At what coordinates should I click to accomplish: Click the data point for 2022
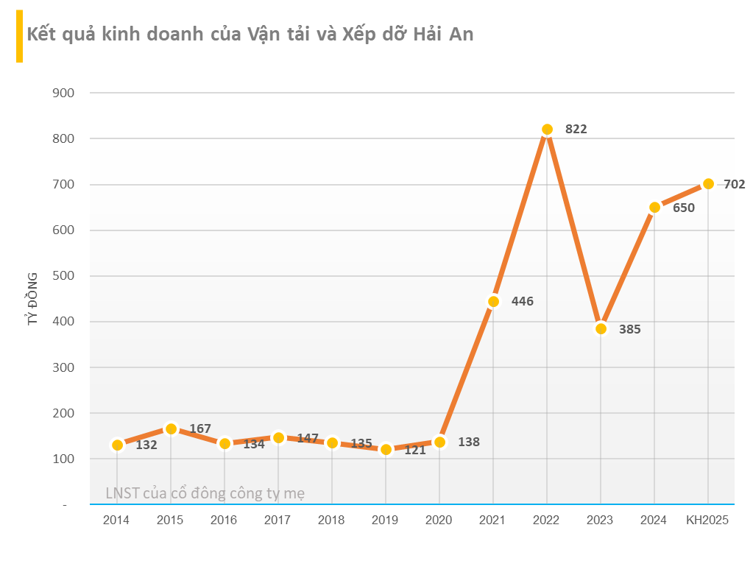point(547,130)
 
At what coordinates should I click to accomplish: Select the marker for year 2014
point(117,445)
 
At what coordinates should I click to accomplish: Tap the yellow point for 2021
point(493,301)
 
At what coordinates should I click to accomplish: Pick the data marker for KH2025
point(708,184)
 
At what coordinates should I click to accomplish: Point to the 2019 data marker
point(386,449)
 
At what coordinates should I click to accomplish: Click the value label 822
point(576,130)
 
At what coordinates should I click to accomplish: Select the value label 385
point(629,330)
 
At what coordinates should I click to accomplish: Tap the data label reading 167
point(200,429)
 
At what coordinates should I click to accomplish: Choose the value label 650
point(683,208)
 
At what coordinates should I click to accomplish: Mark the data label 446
point(522,301)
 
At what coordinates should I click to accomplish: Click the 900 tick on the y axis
point(64,93)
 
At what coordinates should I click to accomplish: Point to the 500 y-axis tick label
point(64,276)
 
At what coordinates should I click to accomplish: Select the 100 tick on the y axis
point(64,459)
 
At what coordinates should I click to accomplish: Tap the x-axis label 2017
point(277,521)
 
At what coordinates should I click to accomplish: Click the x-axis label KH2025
point(707,521)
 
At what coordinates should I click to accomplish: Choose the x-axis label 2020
point(439,521)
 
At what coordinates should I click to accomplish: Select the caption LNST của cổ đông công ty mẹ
point(205,493)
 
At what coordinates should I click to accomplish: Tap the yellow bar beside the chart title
point(19,37)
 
